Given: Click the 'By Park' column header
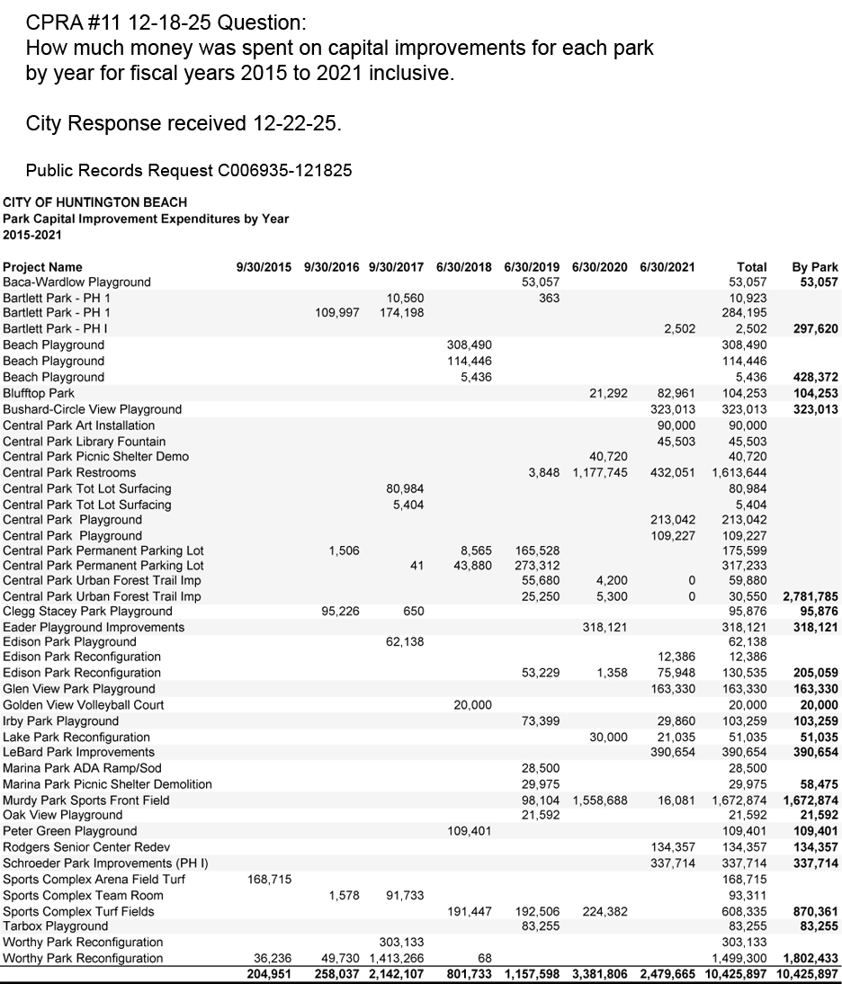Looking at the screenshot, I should tap(814, 267).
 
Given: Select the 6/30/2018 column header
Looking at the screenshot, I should tap(463, 267).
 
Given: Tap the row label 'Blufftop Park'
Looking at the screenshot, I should tap(39, 393).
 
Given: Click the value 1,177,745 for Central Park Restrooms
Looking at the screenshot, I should tap(599, 472).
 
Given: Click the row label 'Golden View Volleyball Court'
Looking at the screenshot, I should tap(84, 704).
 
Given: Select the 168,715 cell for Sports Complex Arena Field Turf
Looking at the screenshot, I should tap(269, 879).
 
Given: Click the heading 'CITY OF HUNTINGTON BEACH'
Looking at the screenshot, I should tap(95, 201).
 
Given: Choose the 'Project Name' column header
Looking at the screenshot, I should tap(42, 267).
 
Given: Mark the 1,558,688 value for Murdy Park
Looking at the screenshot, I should tap(599, 800).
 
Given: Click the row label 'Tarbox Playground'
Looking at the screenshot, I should tap(56, 926).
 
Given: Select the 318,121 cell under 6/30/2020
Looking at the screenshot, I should tap(605, 627).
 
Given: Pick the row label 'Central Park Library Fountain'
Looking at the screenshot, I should tap(85, 441).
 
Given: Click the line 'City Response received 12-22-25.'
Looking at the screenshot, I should tap(184, 123).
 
